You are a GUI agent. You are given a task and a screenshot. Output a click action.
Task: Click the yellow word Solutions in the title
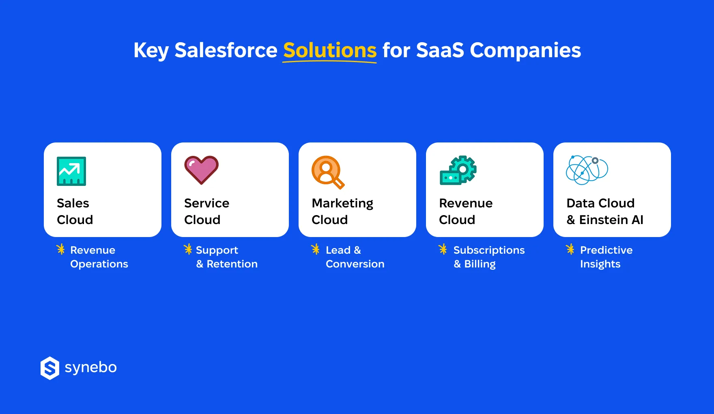click(329, 51)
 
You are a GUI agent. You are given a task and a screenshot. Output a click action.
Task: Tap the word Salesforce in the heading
click(226, 51)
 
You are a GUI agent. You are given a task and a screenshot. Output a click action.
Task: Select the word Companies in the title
click(525, 51)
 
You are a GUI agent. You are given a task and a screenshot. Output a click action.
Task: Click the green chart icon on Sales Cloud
click(71, 171)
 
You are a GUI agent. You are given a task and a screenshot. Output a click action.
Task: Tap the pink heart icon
click(201, 170)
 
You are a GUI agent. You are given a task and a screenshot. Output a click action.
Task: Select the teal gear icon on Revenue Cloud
click(458, 170)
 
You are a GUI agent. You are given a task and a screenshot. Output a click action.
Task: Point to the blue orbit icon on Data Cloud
click(587, 170)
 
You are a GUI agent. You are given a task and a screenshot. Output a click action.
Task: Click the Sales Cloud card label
click(75, 211)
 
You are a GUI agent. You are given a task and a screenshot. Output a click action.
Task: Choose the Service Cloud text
click(206, 211)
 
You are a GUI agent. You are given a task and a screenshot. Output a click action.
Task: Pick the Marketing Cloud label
click(342, 211)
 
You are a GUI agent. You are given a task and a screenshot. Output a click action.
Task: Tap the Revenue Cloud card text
click(465, 211)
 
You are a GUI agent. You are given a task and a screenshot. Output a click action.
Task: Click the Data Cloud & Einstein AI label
click(604, 211)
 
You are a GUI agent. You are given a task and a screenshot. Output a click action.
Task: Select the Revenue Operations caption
click(99, 257)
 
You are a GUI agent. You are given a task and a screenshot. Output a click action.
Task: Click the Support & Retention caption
click(226, 257)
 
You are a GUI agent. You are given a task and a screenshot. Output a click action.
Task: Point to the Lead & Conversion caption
click(355, 257)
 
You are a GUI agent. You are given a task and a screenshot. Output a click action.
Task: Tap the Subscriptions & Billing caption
click(488, 257)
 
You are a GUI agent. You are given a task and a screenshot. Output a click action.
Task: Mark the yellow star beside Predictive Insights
click(570, 249)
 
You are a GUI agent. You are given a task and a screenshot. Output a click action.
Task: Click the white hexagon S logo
click(50, 368)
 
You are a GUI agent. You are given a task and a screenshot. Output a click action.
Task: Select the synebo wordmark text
click(90, 368)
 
